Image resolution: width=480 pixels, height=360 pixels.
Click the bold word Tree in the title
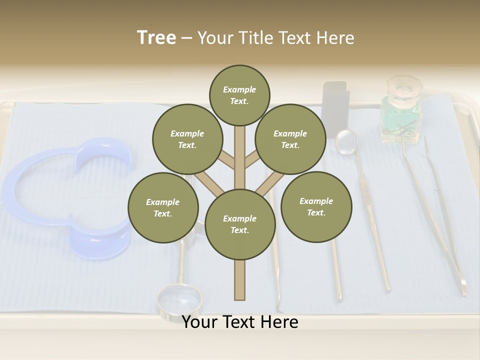coord(156,38)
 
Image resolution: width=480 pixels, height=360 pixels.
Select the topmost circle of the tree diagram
coord(239,95)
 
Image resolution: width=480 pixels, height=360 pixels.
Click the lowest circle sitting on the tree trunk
coord(240,224)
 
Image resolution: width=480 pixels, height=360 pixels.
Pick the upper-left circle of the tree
coord(187,139)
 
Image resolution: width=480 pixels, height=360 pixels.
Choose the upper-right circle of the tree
coord(290,139)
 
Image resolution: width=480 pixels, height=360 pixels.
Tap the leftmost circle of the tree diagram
coord(163,207)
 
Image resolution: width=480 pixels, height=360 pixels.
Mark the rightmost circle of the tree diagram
coord(316,207)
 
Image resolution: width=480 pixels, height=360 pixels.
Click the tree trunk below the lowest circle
coord(240,280)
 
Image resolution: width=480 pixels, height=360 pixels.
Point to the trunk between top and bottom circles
coord(240,160)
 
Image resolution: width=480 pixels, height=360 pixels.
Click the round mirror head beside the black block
coord(346,141)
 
